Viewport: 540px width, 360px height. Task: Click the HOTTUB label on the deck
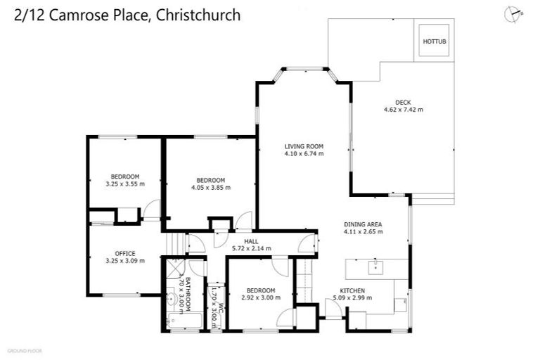point(434,42)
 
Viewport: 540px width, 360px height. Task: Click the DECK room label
point(403,102)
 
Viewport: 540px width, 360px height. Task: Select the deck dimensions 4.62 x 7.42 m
point(403,110)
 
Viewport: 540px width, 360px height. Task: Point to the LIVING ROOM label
point(304,146)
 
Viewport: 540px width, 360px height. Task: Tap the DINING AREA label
point(363,224)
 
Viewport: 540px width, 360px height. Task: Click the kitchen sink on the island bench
point(376,267)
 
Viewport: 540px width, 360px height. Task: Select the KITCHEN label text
point(353,290)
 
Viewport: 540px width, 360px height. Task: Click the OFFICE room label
point(125,253)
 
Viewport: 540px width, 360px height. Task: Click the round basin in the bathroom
point(171,299)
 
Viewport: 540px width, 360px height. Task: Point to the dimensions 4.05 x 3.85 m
point(211,187)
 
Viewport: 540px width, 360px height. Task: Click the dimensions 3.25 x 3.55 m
point(125,184)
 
